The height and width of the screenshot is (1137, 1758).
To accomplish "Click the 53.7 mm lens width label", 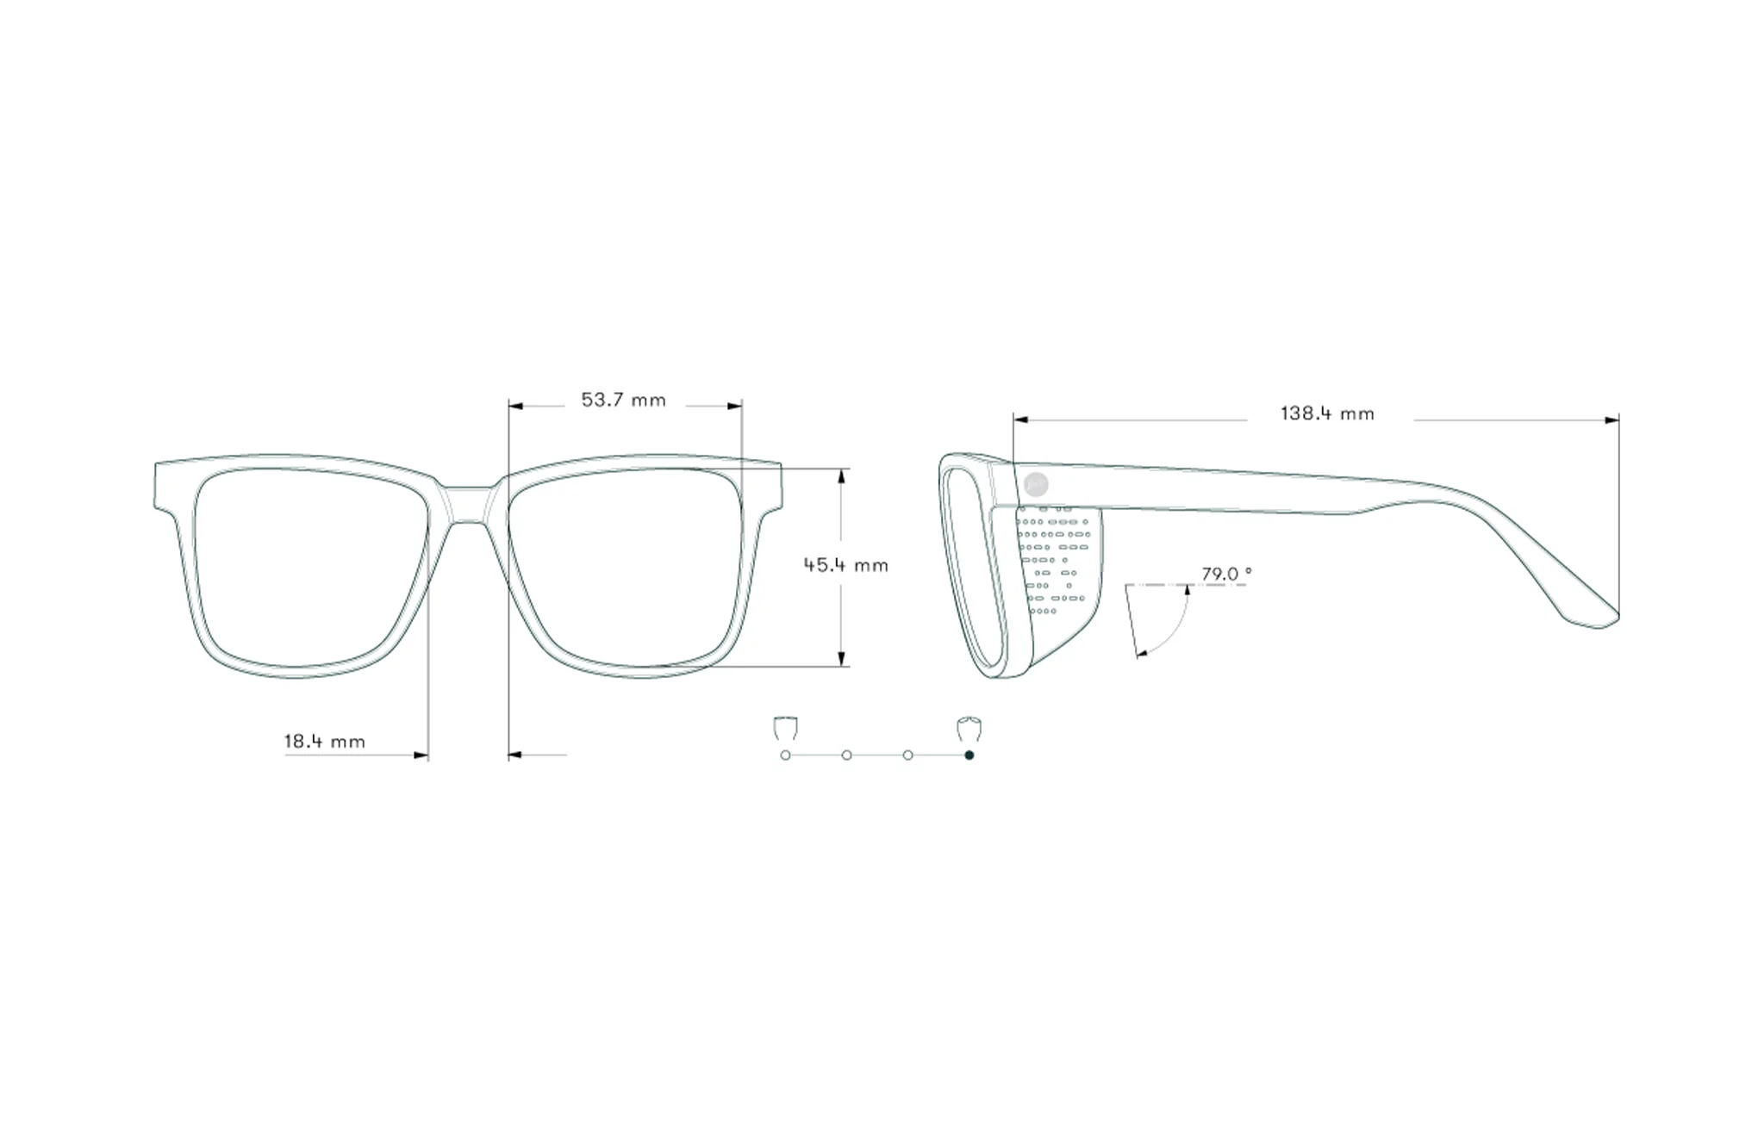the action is [623, 400].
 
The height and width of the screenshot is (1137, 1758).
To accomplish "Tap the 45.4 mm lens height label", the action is [845, 565].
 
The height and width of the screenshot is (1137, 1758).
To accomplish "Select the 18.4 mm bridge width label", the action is [325, 741].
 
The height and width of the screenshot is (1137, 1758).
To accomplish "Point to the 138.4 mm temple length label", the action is [1327, 413].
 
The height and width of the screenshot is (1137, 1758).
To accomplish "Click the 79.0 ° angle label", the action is [1226, 574].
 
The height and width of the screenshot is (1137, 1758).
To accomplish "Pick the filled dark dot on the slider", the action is [969, 755].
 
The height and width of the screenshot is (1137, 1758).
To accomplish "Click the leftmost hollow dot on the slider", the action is [785, 755].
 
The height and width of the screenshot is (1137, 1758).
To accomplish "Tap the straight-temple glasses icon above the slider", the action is [784, 728].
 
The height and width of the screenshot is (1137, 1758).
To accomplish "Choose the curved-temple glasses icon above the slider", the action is [969, 728].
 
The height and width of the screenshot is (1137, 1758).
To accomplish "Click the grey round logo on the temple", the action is [1037, 484].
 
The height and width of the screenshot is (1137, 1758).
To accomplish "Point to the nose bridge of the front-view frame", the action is [468, 504].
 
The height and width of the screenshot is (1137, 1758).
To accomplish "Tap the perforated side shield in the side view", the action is [1058, 577].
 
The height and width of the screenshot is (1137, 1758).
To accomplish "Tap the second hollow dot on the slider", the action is [847, 755].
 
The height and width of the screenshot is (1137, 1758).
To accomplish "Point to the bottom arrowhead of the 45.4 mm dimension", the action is [842, 659].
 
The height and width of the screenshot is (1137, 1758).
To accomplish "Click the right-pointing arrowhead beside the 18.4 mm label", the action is [421, 755].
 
